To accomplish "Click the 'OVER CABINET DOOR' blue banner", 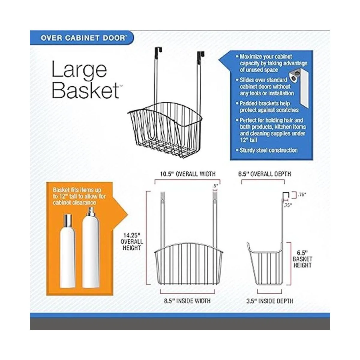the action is pos(82,38).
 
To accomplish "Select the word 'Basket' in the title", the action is pos(85,91).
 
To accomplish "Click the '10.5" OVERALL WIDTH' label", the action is pos(188,174).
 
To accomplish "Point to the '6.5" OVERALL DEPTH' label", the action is pos(265,174).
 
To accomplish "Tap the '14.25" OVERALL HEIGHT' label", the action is pos(132,241).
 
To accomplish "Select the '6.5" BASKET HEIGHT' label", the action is pos(302,259).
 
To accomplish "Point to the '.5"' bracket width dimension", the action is pos(216,185).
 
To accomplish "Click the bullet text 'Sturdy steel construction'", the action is pos(267,150).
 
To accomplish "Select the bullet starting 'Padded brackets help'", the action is pos(267,107).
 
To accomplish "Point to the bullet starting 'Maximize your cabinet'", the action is pos(271,63).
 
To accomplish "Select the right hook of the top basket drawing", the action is pos(201,54).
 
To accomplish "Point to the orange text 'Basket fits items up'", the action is pos(77,190).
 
